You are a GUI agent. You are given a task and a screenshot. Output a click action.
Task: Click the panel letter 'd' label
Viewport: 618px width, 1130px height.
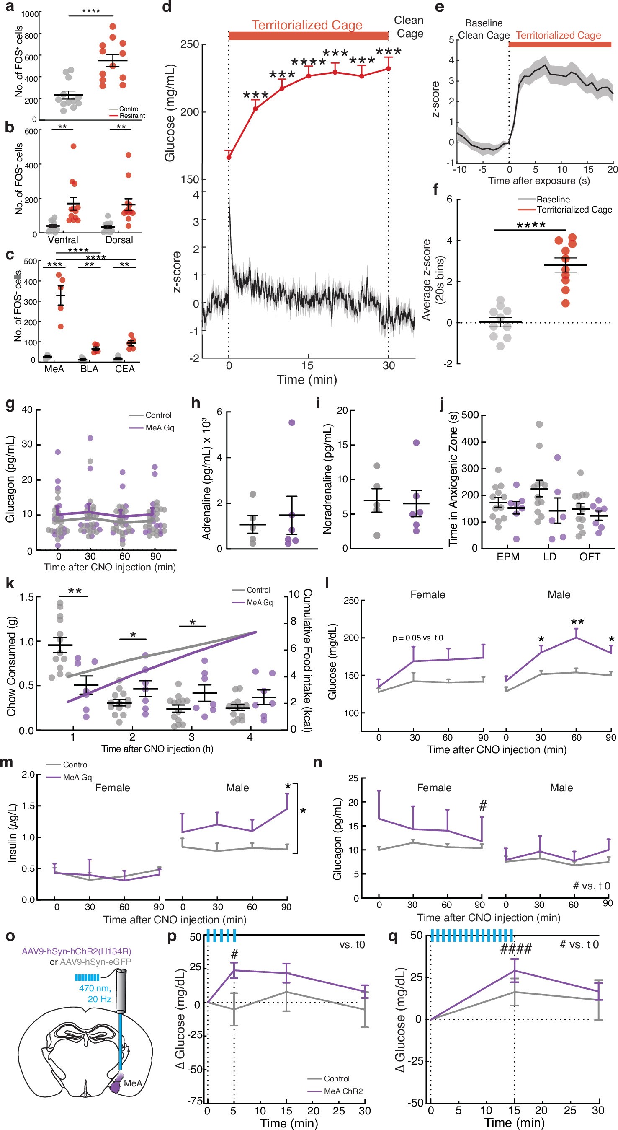(x=167, y=8)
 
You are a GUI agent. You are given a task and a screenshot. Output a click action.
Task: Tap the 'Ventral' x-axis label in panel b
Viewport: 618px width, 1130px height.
(x=63, y=240)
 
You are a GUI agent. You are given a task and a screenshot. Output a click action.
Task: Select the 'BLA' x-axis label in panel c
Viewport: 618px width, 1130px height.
(x=89, y=369)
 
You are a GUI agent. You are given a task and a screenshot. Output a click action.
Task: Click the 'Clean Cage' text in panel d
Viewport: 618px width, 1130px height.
(x=409, y=27)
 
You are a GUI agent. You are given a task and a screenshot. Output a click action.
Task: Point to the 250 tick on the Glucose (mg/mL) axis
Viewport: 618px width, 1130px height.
(x=190, y=44)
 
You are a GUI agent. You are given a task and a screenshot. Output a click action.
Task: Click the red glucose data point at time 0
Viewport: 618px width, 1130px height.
(x=229, y=157)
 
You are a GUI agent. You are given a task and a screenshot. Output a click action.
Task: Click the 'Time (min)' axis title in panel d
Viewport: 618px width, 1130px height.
(x=307, y=379)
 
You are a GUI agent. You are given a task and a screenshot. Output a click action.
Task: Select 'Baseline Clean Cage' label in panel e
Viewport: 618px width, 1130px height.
(x=484, y=29)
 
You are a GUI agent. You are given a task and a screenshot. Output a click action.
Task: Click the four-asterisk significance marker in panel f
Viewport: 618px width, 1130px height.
(x=531, y=225)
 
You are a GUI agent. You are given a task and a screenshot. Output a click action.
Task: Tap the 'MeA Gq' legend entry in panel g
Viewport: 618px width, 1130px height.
(x=160, y=428)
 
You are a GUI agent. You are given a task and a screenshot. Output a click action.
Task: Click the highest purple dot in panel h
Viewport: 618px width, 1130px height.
(x=292, y=422)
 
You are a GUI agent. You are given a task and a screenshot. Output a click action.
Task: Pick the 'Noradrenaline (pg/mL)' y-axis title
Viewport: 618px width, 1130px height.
(x=327, y=479)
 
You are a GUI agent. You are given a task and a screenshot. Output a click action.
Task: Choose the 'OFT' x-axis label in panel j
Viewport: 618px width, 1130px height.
(x=590, y=557)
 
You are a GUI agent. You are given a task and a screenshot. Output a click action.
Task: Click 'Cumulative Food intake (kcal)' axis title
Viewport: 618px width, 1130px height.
(x=307, y=661)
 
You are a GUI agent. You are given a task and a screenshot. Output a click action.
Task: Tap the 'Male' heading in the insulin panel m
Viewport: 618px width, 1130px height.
(x=237, y=788)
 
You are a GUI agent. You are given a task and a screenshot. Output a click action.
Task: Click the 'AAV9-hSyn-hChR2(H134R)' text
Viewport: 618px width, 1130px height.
(x=77, y=951)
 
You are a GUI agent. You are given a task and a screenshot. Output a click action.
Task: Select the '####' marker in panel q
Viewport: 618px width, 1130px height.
(x=516, y=949)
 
